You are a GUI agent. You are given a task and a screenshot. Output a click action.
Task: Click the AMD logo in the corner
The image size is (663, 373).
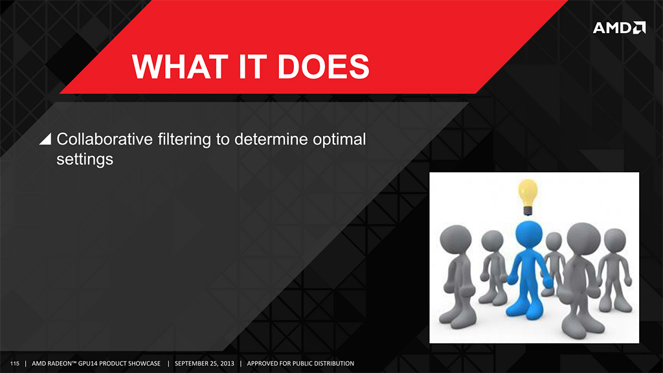pyautogui.click(x=619, y=27)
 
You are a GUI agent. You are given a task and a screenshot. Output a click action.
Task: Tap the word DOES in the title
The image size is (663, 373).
pyautogui.click(x=324, y=67)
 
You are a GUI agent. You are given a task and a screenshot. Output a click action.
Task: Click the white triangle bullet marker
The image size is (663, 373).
pyautogui.click(x=46, y=139)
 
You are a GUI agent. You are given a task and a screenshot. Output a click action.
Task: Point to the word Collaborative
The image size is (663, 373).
pyautogui.click(x=104, y=139)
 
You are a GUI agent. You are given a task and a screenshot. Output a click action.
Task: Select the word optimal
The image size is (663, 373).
pyautogui.click(x=339, y=140)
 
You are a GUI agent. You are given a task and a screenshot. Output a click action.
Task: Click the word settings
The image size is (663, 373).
pyautogui.click(x=85, y=160)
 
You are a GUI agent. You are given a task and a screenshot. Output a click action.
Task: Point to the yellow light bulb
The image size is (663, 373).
pyautogui.click(x=528, y=197)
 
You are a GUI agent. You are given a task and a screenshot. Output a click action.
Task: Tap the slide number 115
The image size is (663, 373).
pyautogui.click(x=15, y=363)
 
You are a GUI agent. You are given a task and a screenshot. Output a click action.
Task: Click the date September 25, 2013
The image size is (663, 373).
pyautogui.click(x=204, y=363)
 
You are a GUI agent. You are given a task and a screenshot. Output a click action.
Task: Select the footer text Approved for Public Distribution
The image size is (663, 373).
pyautogui.click(x=300, y=363)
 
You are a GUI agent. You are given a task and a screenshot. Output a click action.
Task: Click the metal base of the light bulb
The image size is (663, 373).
pyautogui.click(x=528, y=210)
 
